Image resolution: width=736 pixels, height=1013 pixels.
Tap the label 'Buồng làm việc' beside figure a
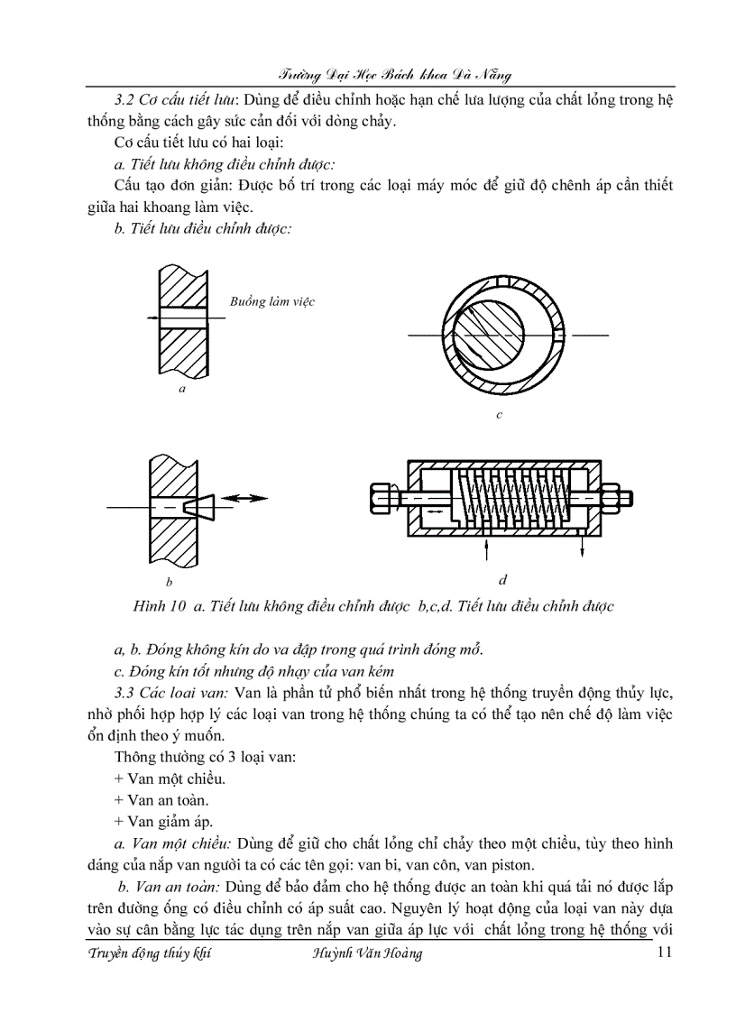[x=272, y=301]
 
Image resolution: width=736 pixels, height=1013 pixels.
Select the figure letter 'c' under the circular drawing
[x=499, y=416]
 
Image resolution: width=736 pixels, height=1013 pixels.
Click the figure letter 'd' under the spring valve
[x=502, y=578]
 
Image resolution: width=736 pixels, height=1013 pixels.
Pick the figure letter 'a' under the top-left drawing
[x=182, y=389]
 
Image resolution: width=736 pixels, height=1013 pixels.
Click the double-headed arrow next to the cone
[x=245, y=497]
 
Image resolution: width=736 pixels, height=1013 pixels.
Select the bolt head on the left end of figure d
[x=380, y=498]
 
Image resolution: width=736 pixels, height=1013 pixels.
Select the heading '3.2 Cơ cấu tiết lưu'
[x=168, y=99]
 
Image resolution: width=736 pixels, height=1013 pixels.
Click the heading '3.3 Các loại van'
[x=171, y=692]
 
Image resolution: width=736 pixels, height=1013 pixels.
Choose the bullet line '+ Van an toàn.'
[x=163, y=799]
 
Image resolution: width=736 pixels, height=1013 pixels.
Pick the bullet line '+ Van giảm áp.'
[x=163, y=821]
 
